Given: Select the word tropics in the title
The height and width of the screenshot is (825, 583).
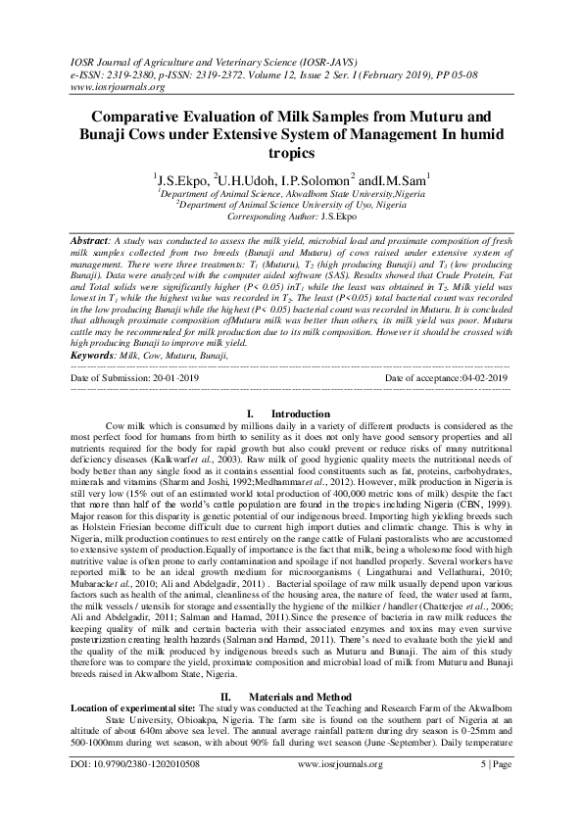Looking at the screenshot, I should coord(291,154).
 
